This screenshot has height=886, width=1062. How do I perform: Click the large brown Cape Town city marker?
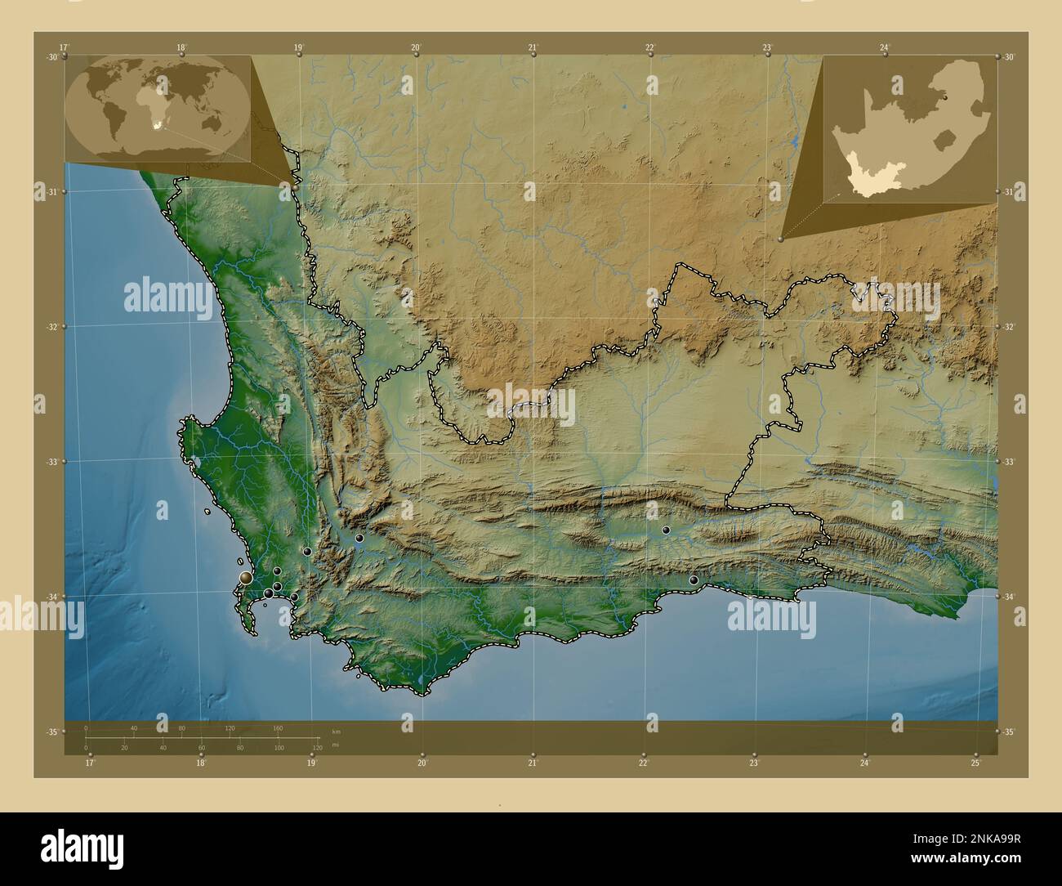click(x=246, y=579)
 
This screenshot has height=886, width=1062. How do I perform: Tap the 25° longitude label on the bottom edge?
click(x=976, y=763)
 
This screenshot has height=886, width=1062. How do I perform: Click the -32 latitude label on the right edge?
click(x=1009, y=326)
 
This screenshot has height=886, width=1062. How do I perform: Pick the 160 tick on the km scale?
click(x=278, y=727)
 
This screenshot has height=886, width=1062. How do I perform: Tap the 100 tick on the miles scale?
click(x=279, y=748)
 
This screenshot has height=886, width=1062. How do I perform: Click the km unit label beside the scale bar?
click(x=336, y=731)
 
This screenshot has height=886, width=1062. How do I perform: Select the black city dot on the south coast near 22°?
click(x=694, y=580)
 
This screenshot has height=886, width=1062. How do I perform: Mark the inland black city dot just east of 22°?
click(x=666, y=530)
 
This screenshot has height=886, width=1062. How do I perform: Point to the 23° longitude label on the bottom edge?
click(x=754, y=763)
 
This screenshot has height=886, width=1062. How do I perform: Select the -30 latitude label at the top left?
click(x=52, y=57)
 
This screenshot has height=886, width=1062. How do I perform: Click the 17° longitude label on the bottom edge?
click(x=90, y=763)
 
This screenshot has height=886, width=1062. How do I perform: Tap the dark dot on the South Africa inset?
click(x=947, y=96)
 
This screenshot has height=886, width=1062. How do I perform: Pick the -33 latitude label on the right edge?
click(x=1009, y=462)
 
